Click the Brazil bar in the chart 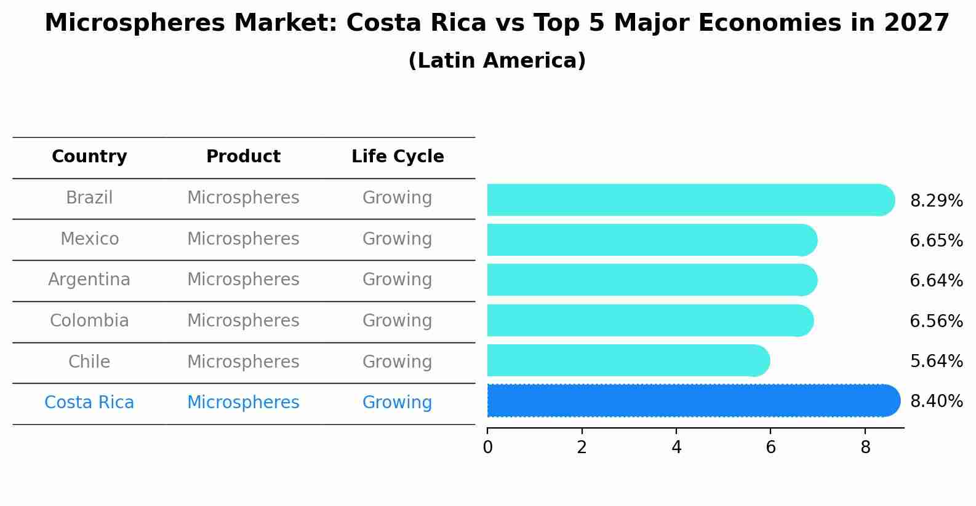click(689, 200)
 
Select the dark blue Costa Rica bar click(692, 401)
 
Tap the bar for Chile click(628, 360)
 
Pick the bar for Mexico click(651, 240)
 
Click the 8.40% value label click(936, 401)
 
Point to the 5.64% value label click(936, 361)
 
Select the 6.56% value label click(936, 321)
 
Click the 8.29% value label click(936, 201)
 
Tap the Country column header click(89, 157)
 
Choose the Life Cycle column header click(398, 157)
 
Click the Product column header click(243, 157)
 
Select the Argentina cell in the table click(89, 280)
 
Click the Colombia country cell click(89, 321)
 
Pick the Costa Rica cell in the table click(89, 403)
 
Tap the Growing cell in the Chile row click(397, 362)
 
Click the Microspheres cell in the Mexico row click(243, 239)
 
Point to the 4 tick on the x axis click(676, 447)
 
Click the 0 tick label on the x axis click(487, 447)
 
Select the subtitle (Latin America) click(497, 61)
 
